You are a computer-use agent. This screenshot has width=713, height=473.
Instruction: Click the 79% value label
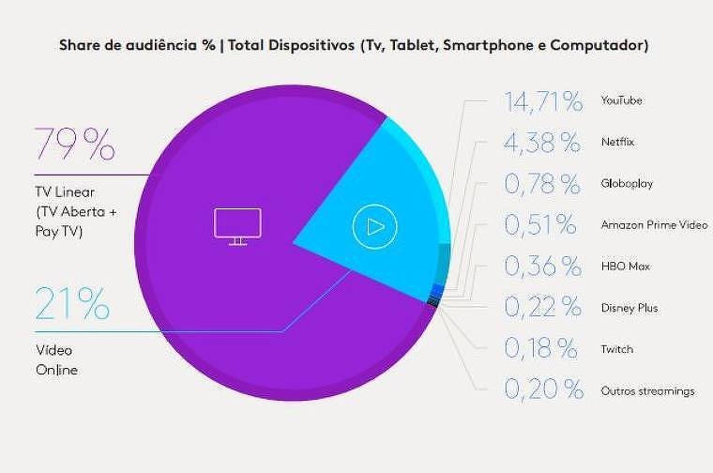[x=74, y=145]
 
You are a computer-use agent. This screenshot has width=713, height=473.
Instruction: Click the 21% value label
[x=73, y=304]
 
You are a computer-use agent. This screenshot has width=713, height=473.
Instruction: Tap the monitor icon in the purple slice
[x=237, y=226]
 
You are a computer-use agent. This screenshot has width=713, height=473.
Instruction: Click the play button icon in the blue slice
[x=375, y=226]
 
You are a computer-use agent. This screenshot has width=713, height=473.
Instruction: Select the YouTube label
[x=621, y=100]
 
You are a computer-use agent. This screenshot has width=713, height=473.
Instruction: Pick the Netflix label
[x=617, y=143]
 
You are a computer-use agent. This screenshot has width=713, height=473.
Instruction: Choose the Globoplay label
[x=625, y=184]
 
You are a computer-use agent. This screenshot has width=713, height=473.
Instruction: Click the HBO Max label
[x=624, y=267]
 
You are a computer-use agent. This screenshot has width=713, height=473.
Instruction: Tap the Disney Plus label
[x=629, y=308]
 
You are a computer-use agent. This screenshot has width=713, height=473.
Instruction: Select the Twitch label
[x=616, y=349]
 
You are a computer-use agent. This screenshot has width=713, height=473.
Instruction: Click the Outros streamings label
[x=647, y=390]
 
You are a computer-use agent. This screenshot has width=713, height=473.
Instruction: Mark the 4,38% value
[x=542, y=143]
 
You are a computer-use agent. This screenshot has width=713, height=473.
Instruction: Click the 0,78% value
[x=542, y=184]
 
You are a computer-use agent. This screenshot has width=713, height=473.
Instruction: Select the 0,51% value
[x=540, y=225]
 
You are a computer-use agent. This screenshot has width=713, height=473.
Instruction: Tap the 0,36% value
[x=542, y=267]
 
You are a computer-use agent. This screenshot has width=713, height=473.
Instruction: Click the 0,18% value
[x=541, y=349]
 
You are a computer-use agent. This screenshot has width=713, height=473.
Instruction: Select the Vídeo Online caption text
[x=56, y=359]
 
